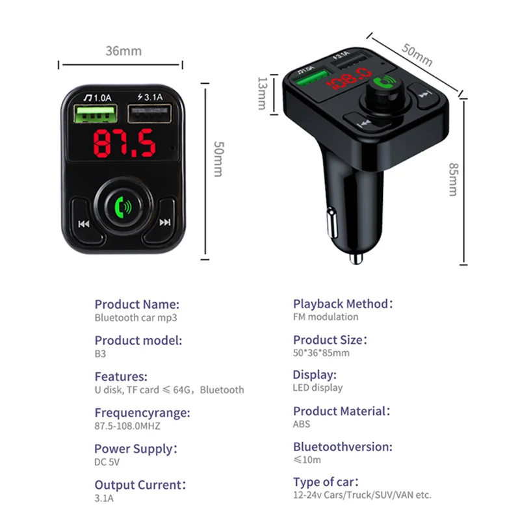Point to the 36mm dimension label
pos(123,51)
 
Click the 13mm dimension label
pos(262,94)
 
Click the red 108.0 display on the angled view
pos(349,82)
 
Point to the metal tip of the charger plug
pos(356,259)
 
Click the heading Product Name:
pos(136,304)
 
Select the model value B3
pos(100,354)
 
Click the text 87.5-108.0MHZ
pos(127,426)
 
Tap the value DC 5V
pos(107,462)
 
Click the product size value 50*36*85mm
pos(321,353)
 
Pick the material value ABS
pos(302,424)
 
